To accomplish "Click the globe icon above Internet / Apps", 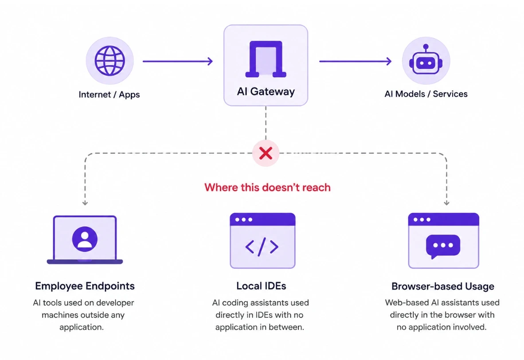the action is pos(109,61).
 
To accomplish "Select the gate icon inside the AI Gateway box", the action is pos(266,59).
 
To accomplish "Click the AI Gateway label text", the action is pos(266,91).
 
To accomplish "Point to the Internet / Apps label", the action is pos(109,94).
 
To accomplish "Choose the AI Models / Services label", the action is pos(426,94).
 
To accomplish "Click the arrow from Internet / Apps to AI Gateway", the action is pos(178,61).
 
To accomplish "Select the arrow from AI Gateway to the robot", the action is pos(355,61).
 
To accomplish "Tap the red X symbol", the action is pos(266,153).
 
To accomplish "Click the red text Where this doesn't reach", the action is pos(267,187).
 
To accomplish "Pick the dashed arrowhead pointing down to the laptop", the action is pos(85,203).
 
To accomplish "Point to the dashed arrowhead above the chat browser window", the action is pos(446,203).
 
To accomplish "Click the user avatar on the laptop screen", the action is pos(85,239).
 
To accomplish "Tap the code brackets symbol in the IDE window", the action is pos(262,247).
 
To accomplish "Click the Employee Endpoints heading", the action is pos(85,286).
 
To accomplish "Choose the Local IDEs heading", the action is pos(261,286).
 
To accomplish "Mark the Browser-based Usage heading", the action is pos(443,286).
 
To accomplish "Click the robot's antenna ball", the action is pos(426,47).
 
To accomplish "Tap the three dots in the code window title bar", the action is pos(244,219).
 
